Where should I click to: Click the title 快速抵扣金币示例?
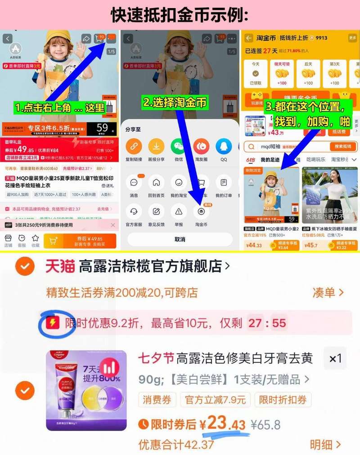180,14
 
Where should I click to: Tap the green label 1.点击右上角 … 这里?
59,107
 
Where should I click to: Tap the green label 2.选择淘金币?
175,103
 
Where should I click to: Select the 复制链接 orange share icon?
133,146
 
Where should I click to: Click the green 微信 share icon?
178,146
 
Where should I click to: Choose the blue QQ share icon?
223,146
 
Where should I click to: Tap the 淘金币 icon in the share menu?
201,211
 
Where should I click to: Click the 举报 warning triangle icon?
179,211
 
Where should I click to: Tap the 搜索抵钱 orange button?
343,147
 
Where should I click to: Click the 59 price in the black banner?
102,128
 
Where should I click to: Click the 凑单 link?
328,293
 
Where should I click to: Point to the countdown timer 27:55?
266,323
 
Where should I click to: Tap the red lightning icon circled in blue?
53,322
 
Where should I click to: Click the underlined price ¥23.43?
223,424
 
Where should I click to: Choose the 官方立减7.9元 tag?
216,400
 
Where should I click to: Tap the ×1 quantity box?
335,358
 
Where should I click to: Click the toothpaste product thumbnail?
86,390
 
